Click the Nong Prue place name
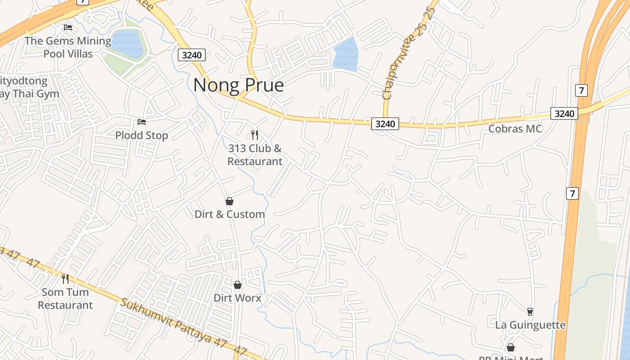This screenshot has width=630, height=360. coord(238,85)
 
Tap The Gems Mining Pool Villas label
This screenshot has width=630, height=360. coord(68,47)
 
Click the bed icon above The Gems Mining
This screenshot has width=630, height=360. coord(68,27)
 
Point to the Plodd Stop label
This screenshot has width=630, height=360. coord(142,135)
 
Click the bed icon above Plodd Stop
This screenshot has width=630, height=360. coord(142,121)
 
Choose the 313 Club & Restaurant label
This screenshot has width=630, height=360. coord(255,154)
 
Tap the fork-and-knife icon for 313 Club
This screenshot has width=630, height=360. coord(255,135)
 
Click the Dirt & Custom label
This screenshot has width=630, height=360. coord(229,214)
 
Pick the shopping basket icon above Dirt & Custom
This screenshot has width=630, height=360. coord(229,201)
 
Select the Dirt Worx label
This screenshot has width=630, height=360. coord(237,298)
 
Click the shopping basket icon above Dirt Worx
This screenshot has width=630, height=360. coord(238,285)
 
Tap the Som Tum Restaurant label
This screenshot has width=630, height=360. coord(65,298)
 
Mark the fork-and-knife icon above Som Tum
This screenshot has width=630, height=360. coord(65,279)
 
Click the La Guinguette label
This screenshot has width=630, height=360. coord(530,325)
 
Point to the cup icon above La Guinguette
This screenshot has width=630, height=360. coord(530,311)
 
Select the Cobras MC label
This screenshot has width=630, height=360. coord(515,129)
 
